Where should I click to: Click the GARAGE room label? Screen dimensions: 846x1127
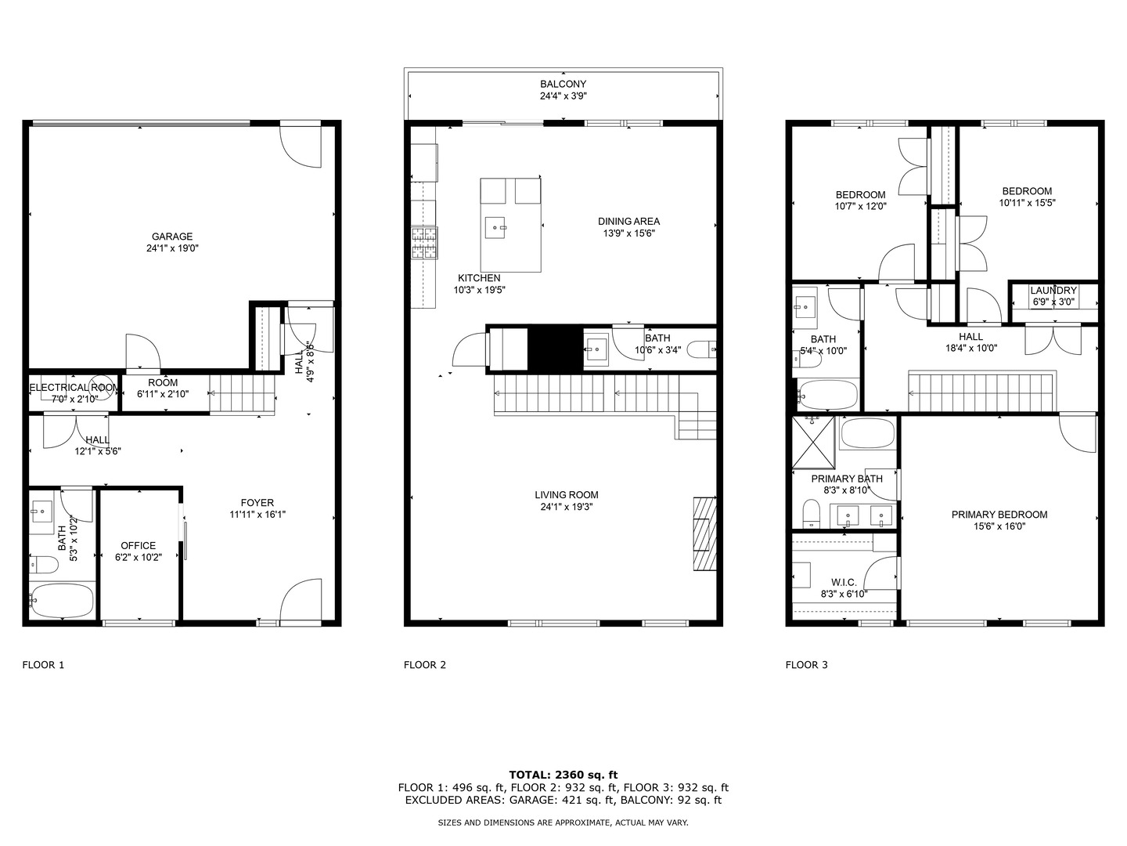172,237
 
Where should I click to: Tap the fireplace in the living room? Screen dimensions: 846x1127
704,533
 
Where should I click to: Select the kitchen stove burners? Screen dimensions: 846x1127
424,242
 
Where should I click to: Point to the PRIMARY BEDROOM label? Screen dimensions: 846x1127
999,515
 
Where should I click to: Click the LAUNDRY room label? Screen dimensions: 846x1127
1053,291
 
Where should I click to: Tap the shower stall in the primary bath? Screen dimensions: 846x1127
813,443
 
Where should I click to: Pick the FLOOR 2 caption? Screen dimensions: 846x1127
425,665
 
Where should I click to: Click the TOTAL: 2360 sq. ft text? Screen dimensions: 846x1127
563,775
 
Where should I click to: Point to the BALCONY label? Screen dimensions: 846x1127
563,84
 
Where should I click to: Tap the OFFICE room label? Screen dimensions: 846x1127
138,546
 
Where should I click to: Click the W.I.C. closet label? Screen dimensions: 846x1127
844,582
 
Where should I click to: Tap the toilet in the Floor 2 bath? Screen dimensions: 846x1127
701,349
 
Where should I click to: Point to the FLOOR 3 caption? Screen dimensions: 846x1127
806,665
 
